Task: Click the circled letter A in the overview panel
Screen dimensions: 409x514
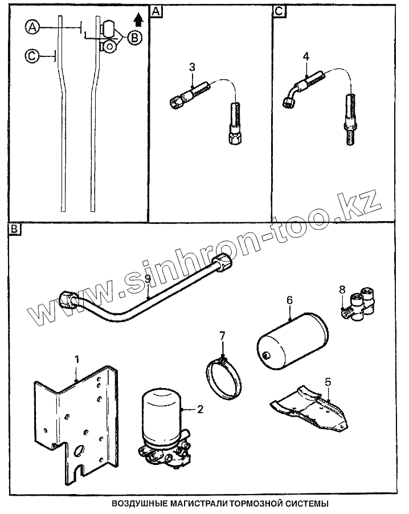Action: click(x=32, y=27)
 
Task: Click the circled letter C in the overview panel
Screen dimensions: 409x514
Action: click(x=32, y=55)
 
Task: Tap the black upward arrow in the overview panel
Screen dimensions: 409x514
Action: click(x=137, y=21)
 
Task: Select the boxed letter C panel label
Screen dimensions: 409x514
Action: click(x=278, y=11)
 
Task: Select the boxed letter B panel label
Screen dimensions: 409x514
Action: click(x=14, y=229)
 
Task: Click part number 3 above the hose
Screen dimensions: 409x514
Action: click(x=192, y=67)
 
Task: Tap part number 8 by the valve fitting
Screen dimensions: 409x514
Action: click(x=341, y=289)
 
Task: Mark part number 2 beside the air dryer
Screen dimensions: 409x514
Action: click(x=200, y=408)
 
